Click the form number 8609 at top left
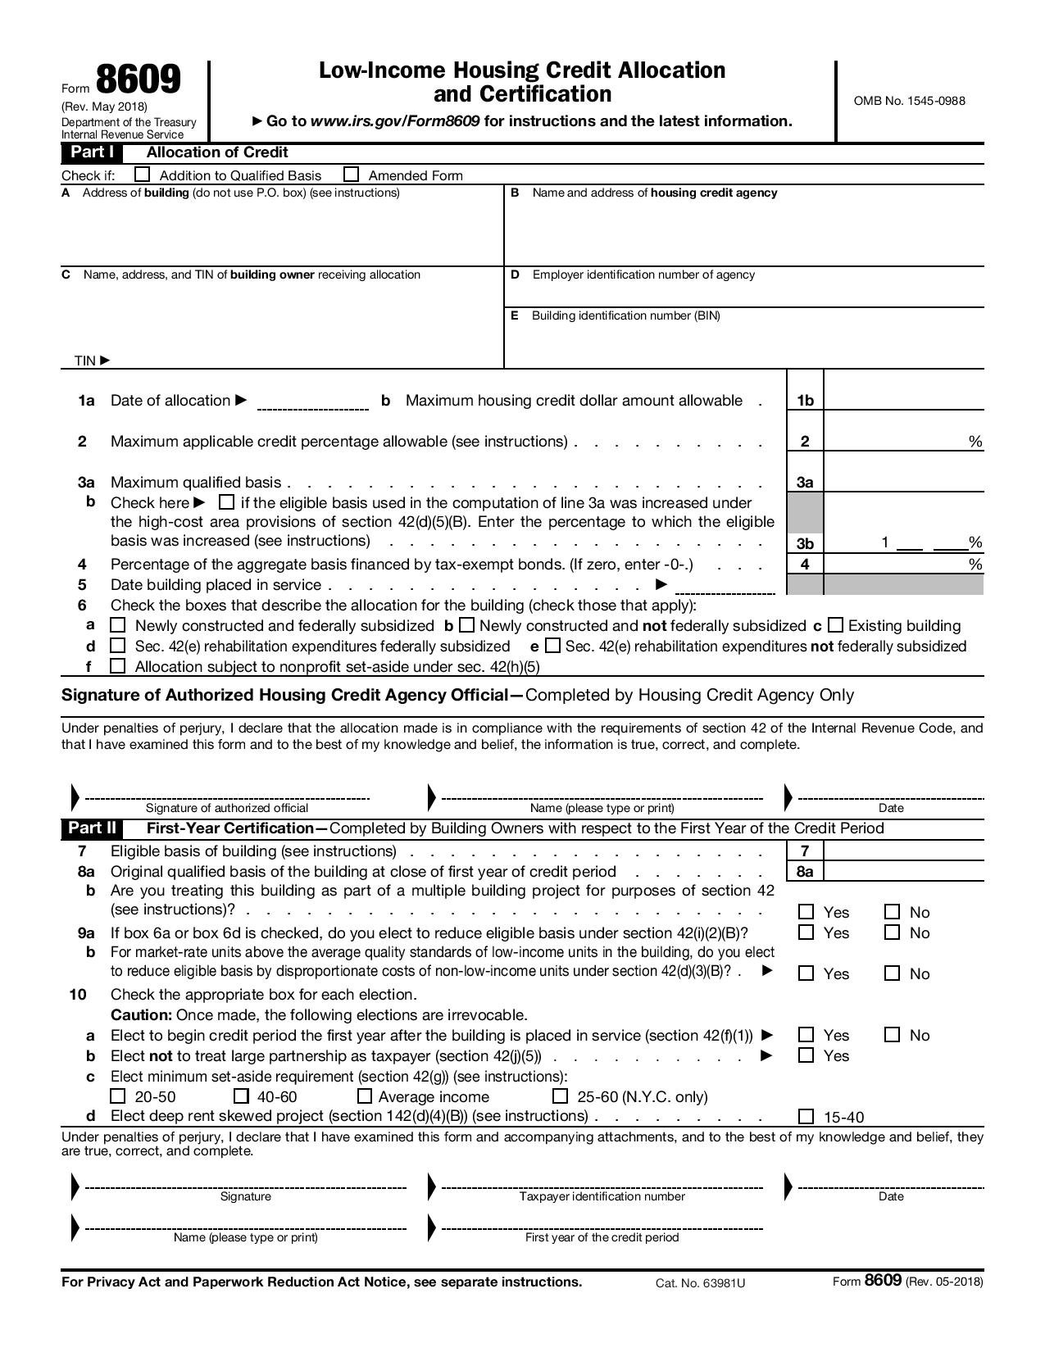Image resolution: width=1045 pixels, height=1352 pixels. (138, 81)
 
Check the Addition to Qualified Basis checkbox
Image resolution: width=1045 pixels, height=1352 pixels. (143, 175)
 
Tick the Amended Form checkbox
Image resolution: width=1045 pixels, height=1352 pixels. (352, 175)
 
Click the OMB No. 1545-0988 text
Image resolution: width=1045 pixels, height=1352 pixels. (909, 101)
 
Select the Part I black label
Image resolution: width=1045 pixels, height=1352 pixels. (91, 152)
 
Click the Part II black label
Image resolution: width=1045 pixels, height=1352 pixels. (92, 828)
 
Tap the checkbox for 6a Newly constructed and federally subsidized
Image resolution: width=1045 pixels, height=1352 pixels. (118, 625)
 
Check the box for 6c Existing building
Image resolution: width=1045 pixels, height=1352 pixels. (835, 625)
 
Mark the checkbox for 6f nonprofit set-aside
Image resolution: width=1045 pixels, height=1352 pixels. (118, 666)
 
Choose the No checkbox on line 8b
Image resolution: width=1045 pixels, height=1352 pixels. (893, 912)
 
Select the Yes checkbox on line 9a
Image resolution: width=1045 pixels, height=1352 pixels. (806, 932)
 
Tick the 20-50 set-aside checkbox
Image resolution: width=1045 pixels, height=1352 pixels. (118, 1096)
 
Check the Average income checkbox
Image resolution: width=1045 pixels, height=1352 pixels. (366, 1096)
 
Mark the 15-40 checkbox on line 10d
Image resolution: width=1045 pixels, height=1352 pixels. (806, 1117)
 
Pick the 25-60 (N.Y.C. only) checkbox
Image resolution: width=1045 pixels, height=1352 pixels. (561, 1096)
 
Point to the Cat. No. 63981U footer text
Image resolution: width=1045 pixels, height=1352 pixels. (700, 1283)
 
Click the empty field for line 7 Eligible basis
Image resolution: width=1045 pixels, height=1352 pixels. (902, 851)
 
